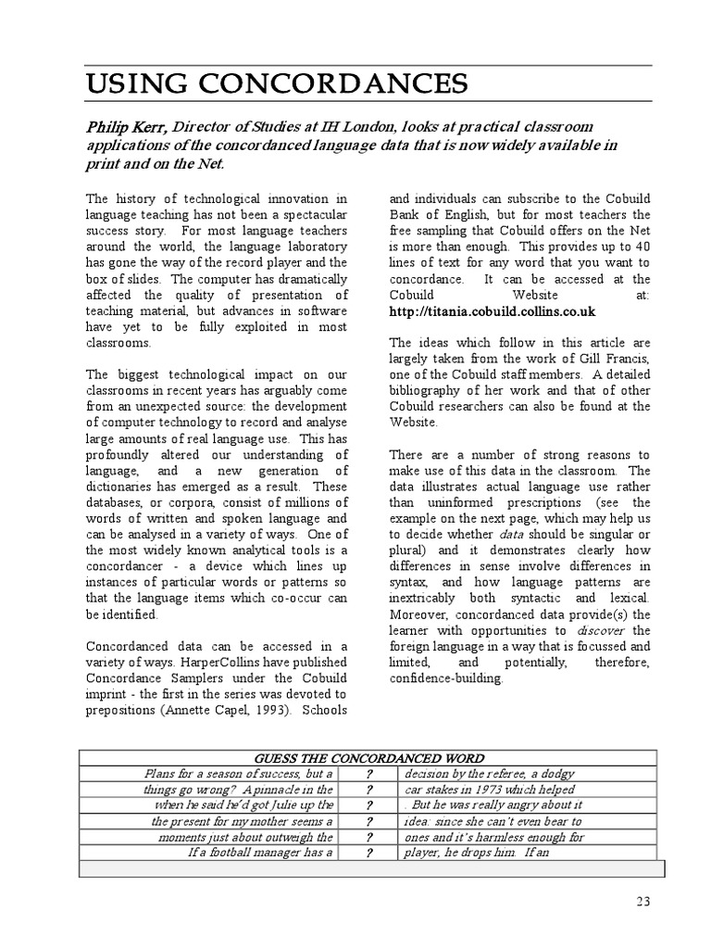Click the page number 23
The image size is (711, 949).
(644, 902)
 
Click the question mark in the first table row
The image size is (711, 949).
(368, 774)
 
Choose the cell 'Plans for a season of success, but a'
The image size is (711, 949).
(238, 774)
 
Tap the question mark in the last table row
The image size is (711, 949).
(368, 853)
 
